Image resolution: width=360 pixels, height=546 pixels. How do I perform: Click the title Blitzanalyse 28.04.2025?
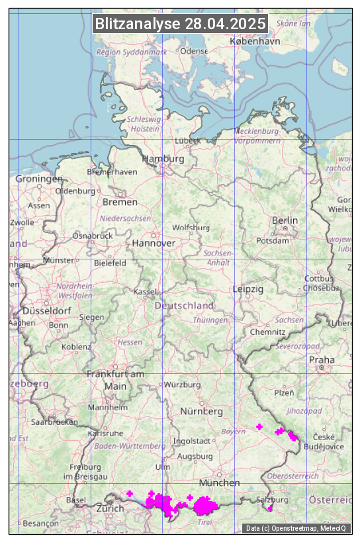(181, 24)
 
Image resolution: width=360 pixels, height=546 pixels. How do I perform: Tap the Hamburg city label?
(163, 159)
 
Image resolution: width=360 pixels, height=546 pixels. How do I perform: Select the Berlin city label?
(285, 220)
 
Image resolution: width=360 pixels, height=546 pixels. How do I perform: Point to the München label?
(219, 482)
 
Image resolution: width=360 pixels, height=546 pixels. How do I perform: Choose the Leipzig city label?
(248, 289)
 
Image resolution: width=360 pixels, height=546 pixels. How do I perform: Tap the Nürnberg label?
(201, 411)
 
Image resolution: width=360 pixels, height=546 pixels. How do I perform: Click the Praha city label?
(322, 359)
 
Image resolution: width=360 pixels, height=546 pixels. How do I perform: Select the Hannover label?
(154, 243)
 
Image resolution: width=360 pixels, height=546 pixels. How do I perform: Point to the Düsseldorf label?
(47, 310)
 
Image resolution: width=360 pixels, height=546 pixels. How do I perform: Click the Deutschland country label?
(184, 306)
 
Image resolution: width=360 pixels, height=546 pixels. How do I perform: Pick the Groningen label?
(39, 179)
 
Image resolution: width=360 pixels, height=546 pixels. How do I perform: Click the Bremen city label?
(120, 202)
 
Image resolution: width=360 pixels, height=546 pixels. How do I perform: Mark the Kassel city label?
(144, 292)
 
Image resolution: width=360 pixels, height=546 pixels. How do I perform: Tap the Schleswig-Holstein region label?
(144, 124)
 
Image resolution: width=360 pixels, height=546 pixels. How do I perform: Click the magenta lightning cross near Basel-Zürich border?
(130, 493)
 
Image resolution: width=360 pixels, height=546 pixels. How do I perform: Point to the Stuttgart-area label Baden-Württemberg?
(130, 446)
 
